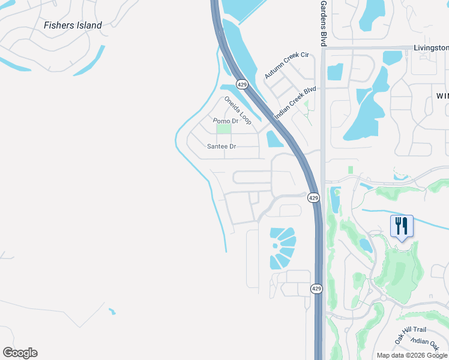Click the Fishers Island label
tap(73, 25)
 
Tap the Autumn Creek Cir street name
tap(286, 65)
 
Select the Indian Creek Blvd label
tap(295, 103)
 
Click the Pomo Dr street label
tap(226, 121)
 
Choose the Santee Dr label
tap(221, 146)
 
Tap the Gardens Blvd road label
tap(322, 23)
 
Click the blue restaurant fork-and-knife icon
tap(402, 226)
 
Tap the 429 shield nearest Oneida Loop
tap(242, 85)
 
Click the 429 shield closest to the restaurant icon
tap(313, 197)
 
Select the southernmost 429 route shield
tap(317, 289)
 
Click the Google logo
tap(20, 353)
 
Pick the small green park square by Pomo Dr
tap(223, 129)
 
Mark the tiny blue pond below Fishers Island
tap(112, 311)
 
